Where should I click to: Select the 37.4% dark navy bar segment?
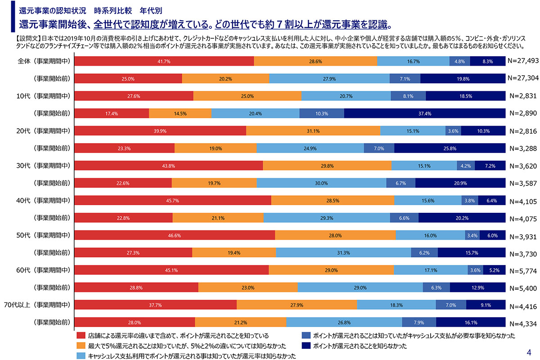tap(425, 113)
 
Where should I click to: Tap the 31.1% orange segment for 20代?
tap(313, 131)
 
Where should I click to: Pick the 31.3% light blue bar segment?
tap(343, 253)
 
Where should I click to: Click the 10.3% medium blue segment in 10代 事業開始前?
tap(321, 113)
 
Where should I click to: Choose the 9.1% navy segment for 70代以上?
tap(486, 305)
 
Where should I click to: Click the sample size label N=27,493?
tap(522, 60)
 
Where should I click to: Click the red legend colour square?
tap(81, 335)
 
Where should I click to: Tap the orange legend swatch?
tap(81, 346)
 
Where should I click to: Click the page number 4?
tap(529, 351)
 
